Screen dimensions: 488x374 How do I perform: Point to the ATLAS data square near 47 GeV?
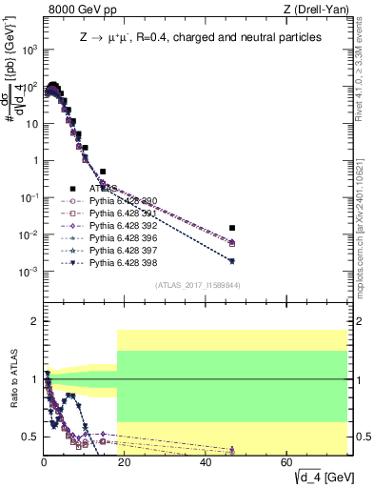point(232,228)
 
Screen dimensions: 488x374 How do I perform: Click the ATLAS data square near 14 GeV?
point(103,172)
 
